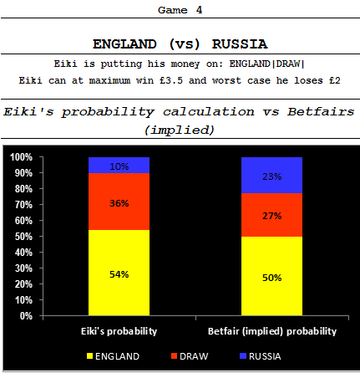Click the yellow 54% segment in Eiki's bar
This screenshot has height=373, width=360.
119,273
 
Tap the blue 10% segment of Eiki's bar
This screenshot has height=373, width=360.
119,166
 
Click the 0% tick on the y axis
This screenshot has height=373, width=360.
25,316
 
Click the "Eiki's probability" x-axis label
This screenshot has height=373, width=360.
119,331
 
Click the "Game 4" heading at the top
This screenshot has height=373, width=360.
180,10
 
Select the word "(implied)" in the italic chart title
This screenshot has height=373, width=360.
180,130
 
